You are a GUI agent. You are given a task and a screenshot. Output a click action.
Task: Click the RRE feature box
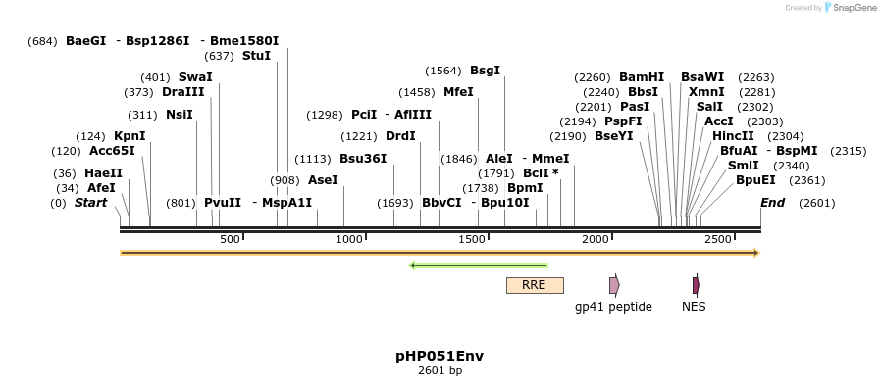click(535, 285)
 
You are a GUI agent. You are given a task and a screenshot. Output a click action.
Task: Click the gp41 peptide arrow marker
click(614, 285)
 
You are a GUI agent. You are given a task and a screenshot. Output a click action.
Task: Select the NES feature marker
click(696, 285)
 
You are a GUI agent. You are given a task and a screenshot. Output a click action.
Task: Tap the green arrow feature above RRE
click(478, 265)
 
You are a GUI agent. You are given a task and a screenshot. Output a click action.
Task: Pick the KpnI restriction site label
click(130, 136)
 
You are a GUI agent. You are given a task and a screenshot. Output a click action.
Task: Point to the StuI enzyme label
click(256, 56)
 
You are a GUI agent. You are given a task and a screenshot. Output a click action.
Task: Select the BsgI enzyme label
click(485, 71)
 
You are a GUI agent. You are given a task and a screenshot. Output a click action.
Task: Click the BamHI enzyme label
click(642, 77)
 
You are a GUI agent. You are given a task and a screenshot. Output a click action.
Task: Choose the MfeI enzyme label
click(458, 92)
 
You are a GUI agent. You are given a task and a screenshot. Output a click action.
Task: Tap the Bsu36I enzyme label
click(363, 159)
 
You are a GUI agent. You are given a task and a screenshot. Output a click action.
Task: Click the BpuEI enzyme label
click(755, 180)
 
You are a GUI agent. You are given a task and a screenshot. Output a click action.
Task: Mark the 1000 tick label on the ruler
click(350, 240)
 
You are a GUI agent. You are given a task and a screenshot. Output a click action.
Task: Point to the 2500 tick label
click(718, 240)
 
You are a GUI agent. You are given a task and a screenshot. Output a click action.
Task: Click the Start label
click(90, 203)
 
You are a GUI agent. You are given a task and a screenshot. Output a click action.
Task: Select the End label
click(773, 203)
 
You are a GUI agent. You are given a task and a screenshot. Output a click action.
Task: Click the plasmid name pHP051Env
click(440, 356)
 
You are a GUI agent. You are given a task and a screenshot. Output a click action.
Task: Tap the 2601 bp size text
click(440, 371)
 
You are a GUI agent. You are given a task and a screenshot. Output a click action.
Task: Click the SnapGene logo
click(849, 8)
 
